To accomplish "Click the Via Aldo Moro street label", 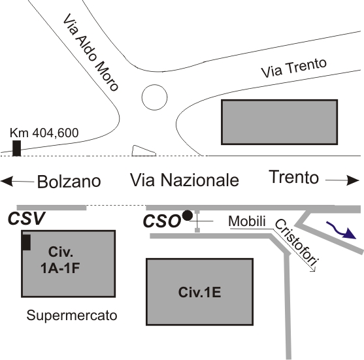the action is click(91, 52).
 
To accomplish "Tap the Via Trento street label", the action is click(294, 67).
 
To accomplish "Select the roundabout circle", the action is click(154, 97).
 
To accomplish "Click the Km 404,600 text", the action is click(44, 133).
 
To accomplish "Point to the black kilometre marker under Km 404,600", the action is click(17, 148).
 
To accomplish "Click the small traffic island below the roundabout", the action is click(143, 151).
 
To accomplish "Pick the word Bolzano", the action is click(69, 182).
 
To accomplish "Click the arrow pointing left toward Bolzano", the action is click(18, 181).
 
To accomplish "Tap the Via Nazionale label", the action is click(184, 180).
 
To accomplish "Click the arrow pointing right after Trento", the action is click(342, 180).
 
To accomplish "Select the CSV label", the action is click(26, 218).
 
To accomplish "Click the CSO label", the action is click(162, 221).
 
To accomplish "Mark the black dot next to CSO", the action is click(188, 216).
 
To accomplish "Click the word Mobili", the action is click(247, 221).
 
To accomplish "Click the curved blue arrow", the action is click(340, 230).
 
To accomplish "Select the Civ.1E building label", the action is click(199, 292).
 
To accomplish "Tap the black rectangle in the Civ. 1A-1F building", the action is click(26, 242).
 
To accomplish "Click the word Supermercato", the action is click(72, 316).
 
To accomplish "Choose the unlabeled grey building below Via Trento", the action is click(279, 122).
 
